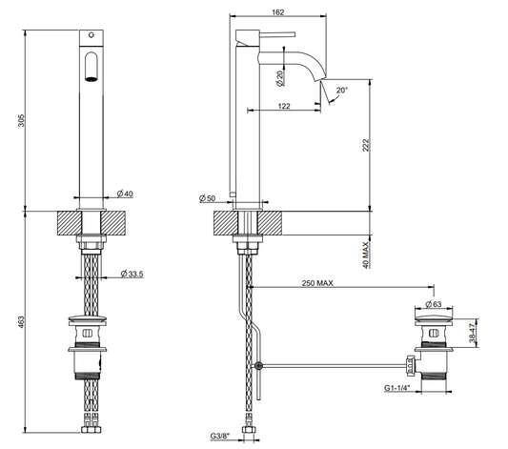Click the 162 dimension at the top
point(278,12)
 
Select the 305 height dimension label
point(21,120)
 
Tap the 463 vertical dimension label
point(21,322)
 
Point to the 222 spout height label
point(366,145)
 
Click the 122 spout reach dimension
point(284,106)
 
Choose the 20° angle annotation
point(342,90)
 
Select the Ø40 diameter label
point(125,194)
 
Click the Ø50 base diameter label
point(208,198)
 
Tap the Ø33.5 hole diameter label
point(132,274)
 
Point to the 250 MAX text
point(317,283)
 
